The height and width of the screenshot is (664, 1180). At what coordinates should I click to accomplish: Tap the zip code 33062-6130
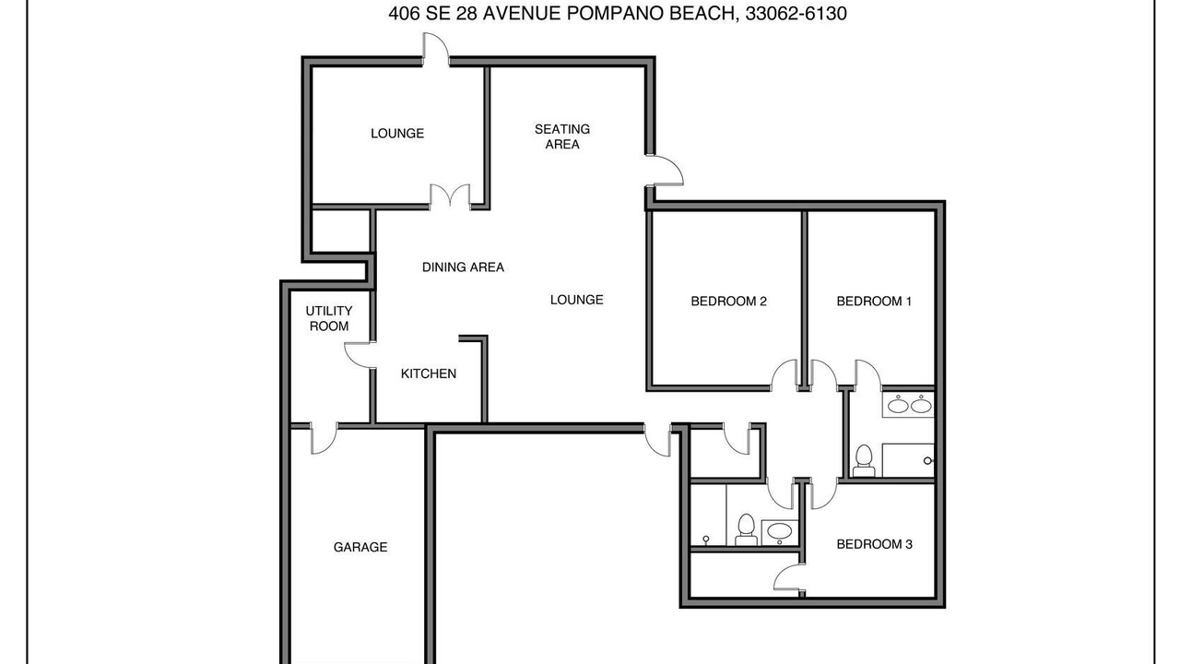coord(796,13)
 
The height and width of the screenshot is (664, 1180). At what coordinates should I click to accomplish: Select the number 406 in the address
coord(404,13)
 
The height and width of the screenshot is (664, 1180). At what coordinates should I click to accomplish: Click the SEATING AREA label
coord(562,136)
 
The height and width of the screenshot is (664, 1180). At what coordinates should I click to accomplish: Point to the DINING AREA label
coord(463,267)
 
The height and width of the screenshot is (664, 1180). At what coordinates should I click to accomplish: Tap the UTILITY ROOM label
coord(329,318)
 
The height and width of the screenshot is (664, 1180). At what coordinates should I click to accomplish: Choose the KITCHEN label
coord(429,373)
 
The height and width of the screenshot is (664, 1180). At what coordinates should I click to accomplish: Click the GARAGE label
coord(360,547)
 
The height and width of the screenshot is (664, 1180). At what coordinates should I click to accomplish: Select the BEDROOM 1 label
coord(874,301)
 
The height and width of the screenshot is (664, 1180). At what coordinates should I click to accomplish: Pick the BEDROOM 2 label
coord(728,301)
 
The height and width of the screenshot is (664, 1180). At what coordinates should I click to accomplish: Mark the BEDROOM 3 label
coord(875,544)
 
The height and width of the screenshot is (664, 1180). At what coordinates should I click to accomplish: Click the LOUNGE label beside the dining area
coord(577,300)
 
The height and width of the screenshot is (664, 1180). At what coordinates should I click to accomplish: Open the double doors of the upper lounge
coord(450,197)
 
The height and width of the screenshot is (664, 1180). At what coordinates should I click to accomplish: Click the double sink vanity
coord(909,405)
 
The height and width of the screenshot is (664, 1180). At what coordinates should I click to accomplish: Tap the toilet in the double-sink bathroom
coord(864,461)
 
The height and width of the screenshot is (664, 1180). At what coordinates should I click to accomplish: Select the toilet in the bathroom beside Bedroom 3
coord(746,529)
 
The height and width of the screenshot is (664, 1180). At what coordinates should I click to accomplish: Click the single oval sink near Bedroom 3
coord(779,532)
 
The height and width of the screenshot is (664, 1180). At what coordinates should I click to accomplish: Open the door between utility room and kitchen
coord(360,355)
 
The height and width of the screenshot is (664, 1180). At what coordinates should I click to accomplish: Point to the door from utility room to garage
coord(324,438)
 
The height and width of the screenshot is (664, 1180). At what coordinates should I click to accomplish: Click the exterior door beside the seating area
coord(665,171)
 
